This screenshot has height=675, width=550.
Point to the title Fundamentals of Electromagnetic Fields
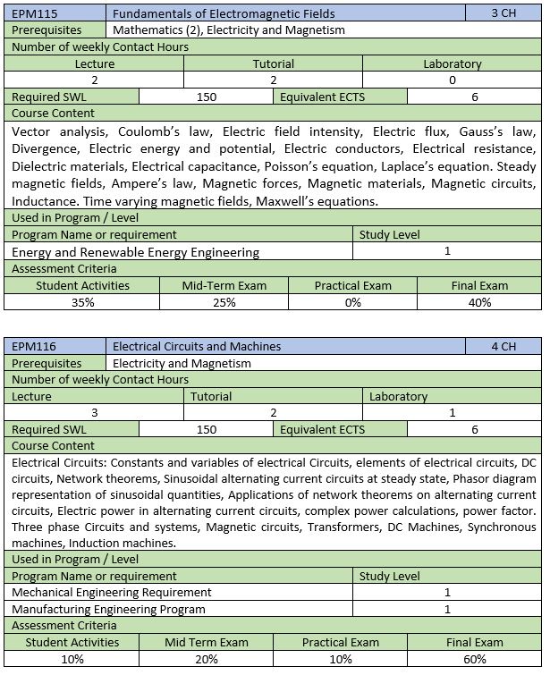pos(224,13)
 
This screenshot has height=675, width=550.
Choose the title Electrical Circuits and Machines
pos(197,347)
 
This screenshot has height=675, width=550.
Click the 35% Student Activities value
pos(83,302)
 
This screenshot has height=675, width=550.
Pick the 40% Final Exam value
pos(479,302)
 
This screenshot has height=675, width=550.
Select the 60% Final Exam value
pos(475,659)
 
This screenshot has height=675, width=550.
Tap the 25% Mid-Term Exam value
pos(224,302)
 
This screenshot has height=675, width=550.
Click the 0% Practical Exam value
pos(352,302)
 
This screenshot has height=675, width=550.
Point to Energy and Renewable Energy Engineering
pos(136,252)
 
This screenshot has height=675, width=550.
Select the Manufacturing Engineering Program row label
pos(109,609)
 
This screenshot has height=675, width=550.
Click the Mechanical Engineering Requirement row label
pos(112,592)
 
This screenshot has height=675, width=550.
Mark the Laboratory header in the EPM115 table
pos(452,63)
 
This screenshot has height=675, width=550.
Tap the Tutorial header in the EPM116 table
pos(211,396)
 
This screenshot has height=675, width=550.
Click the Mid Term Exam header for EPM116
pos(207,642)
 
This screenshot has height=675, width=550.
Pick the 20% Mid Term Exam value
pos(207,659)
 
